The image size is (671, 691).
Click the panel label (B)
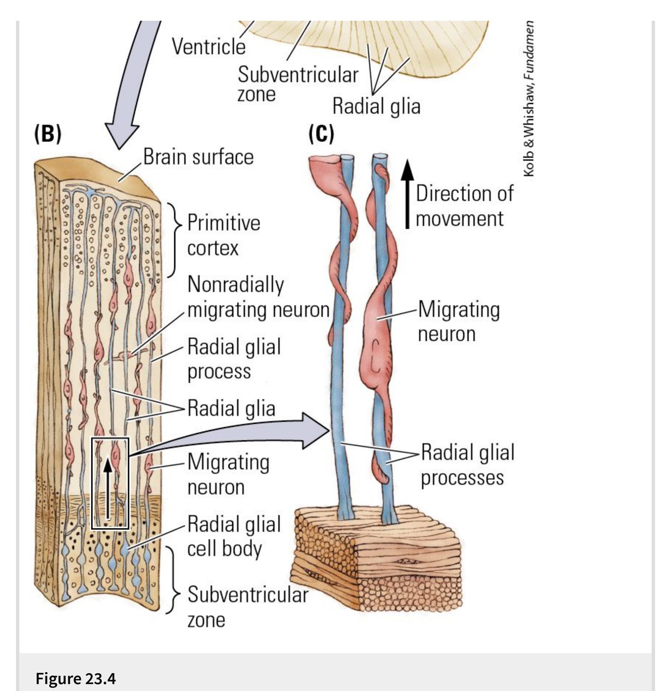tap(48, 134)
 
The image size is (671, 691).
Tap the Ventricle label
tap(209, 47)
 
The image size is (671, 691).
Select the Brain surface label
tap(198, 157)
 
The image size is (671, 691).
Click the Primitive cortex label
tap(223, 235)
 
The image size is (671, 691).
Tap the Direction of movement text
tap(464, 206)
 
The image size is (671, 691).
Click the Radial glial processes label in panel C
tap(468, 465)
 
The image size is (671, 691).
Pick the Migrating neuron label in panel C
tap(458, 321)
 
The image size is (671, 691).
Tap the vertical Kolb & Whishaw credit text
tap(529, 98)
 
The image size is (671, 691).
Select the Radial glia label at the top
tap(376, 106)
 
